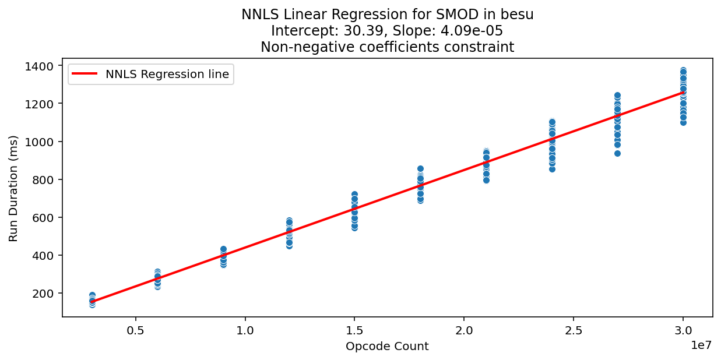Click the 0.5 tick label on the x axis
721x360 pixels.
pyautogui.click(x=135, y=330)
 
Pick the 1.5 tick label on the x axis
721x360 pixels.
pyautogui.click(x=354, y=330)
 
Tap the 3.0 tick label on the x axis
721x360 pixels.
pyautogui.click(x=683, y=330)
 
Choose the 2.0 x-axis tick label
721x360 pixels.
pyautogui.click(x=464, y=330)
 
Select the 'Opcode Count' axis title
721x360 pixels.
pyautogui.click(x=387, y=347)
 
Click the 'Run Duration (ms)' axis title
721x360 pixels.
pyautogui.click(x=13, y=188)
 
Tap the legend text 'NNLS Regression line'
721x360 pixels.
pyautogui.click(x=167, y=74)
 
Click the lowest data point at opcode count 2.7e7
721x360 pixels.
pyautogui.click(x=617, y=153)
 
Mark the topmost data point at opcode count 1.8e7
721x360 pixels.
pyautogui.click(x=420, y=168)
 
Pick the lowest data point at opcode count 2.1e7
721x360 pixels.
pyautogui.click(x=486, y=180)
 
